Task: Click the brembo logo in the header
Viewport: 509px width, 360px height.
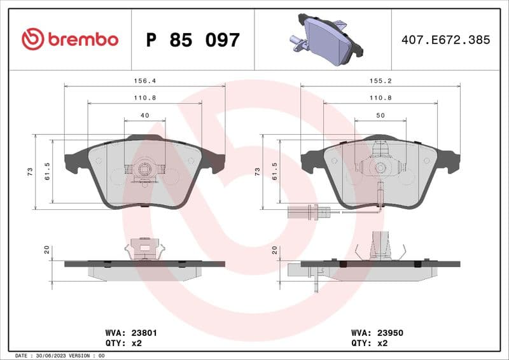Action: [70, 39]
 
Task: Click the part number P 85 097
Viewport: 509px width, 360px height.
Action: [193, 40]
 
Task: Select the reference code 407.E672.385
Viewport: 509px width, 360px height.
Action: [445, 39]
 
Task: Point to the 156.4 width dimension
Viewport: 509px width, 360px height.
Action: [144, 81]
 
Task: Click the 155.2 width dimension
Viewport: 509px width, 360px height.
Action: [380, 81]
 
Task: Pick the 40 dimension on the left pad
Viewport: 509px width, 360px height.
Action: [144, 115]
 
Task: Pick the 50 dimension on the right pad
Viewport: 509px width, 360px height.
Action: [380, 115]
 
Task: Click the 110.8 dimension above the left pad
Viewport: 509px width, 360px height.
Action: [144, 98]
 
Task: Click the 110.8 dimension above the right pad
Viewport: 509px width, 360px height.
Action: [380, 98]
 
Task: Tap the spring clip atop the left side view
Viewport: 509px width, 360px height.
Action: [144, 248]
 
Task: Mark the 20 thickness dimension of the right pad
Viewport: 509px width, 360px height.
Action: [274, 251]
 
